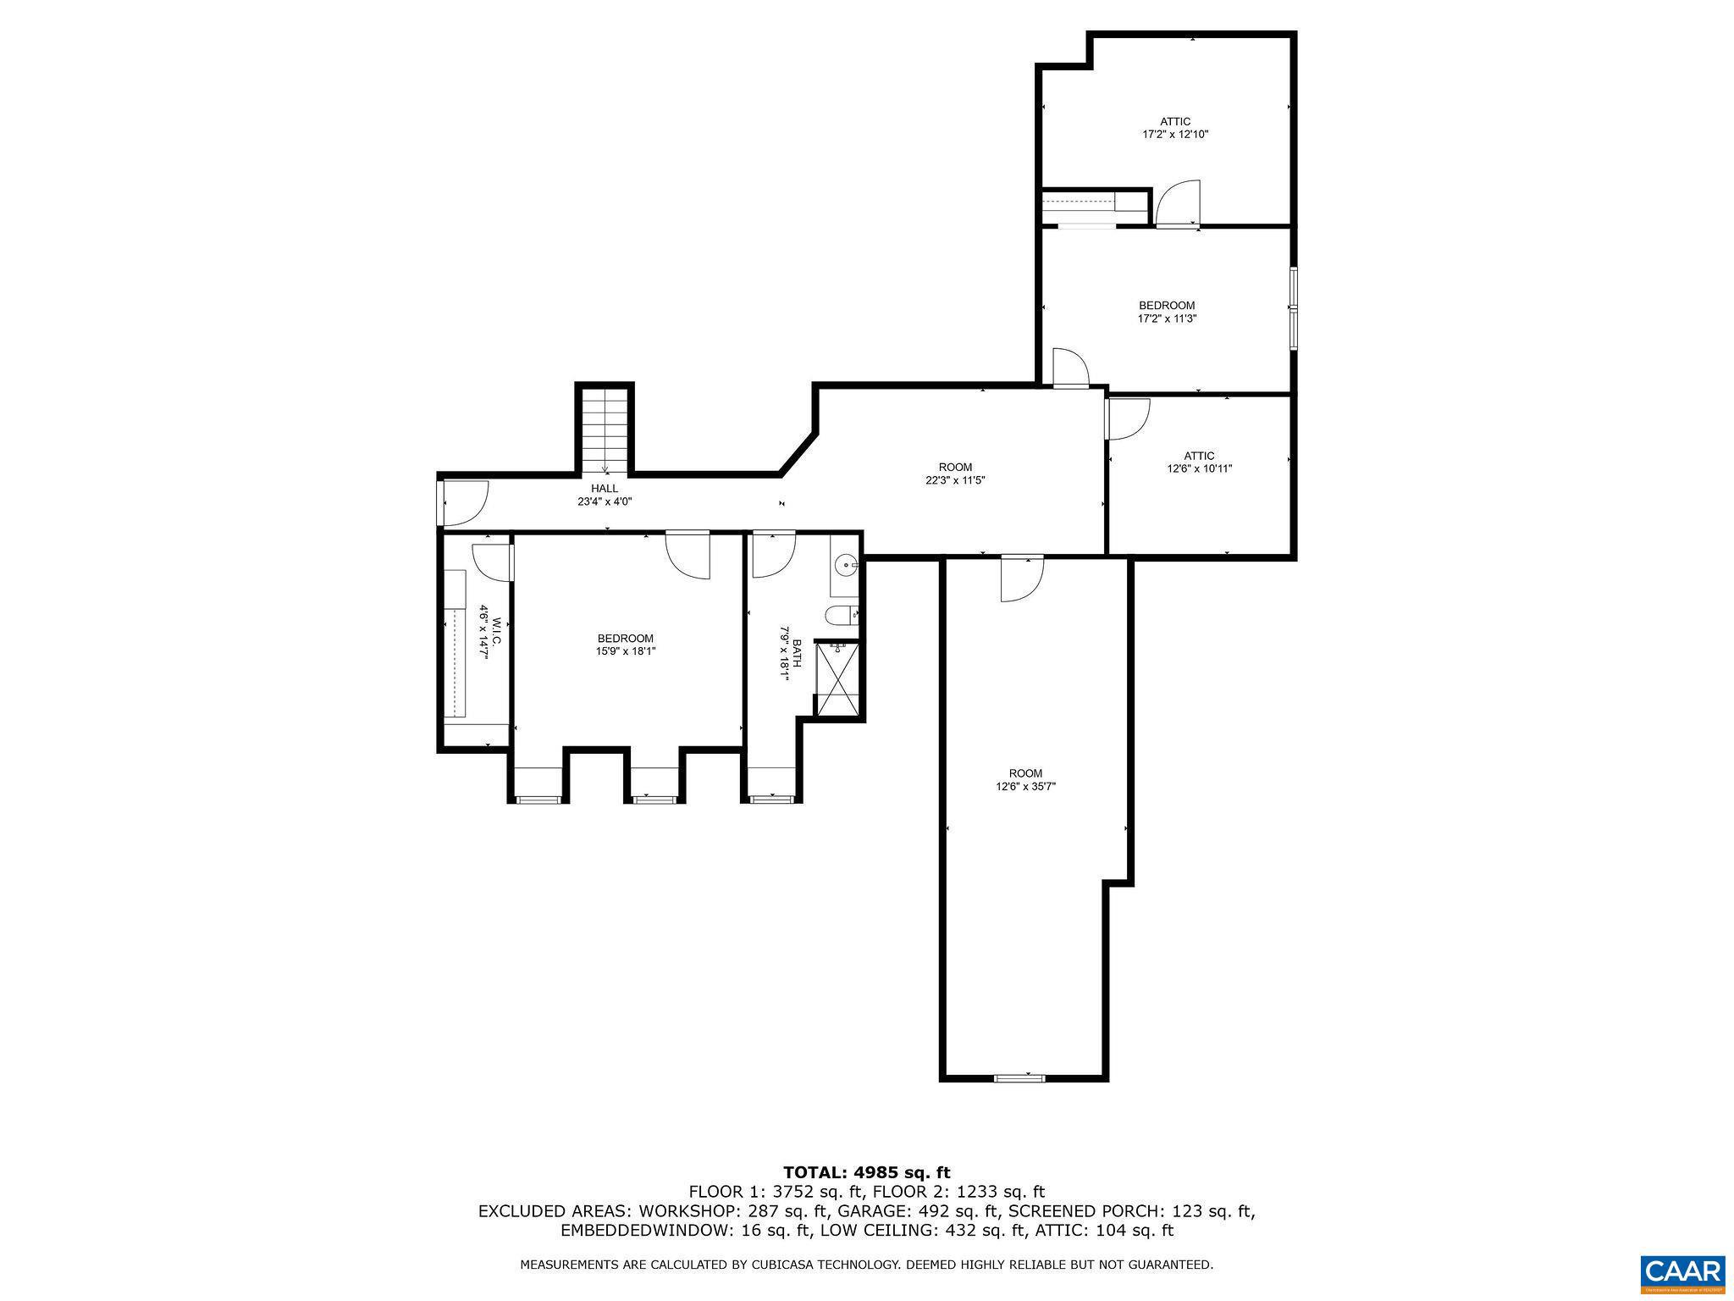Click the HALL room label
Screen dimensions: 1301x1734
[605, 489]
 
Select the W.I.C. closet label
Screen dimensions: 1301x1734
[490, 632]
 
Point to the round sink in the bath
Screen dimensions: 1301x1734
[845, 563]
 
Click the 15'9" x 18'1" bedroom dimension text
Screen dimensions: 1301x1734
[626, 651]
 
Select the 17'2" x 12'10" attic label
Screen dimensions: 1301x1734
[1175, 134]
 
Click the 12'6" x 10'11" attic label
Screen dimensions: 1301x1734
[1199, 468]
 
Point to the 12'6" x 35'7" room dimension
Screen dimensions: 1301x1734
[1025, 786]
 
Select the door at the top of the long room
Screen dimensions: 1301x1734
[1022, 579]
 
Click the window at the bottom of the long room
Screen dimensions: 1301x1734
[1019, 1077]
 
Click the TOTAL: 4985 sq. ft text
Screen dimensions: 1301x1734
[866, 1172]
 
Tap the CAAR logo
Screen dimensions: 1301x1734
[1682, 1273]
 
